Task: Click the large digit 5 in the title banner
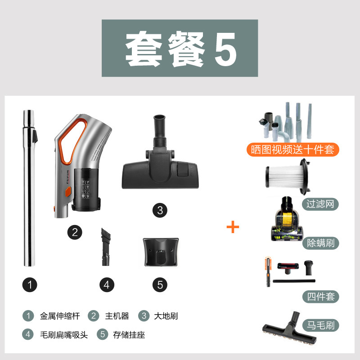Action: [225, 49]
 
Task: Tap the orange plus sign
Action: [233, 227]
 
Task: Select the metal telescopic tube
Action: [30, 188]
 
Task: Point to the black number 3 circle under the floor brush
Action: [160, 210]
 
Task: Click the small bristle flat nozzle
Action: [106, 247]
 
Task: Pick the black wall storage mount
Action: [161, 252]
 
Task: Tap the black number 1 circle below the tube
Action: [30, 285]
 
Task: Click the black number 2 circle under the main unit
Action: [75, 232]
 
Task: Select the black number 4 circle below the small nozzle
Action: [107, 285]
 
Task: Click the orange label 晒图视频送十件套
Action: [293, 150]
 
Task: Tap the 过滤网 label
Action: [320, 204]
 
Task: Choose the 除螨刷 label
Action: [321, 243]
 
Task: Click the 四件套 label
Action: [321, 297]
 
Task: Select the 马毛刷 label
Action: [321, 325]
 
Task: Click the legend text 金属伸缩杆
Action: [60, 316]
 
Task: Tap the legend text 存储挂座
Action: [129, 335]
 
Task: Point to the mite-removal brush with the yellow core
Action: [287, 219]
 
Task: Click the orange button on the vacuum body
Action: [68, 192]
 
